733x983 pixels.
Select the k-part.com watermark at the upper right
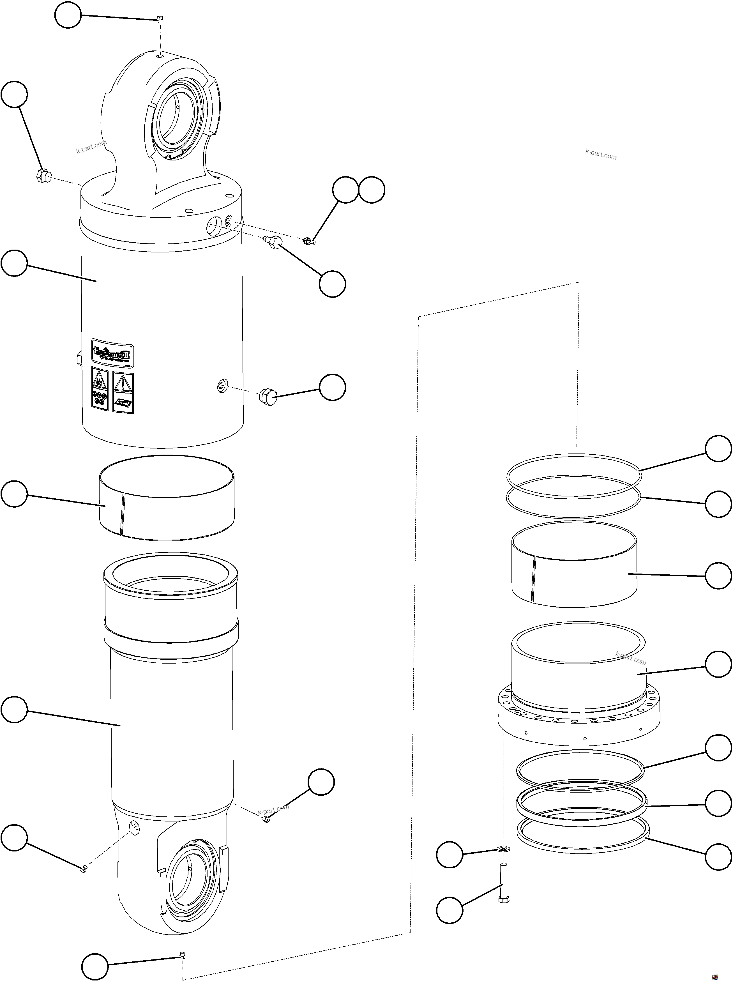[x=601, y=154]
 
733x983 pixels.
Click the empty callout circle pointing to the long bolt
[x=450, y=910]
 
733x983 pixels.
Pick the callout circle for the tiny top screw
[x=68, y=15]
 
